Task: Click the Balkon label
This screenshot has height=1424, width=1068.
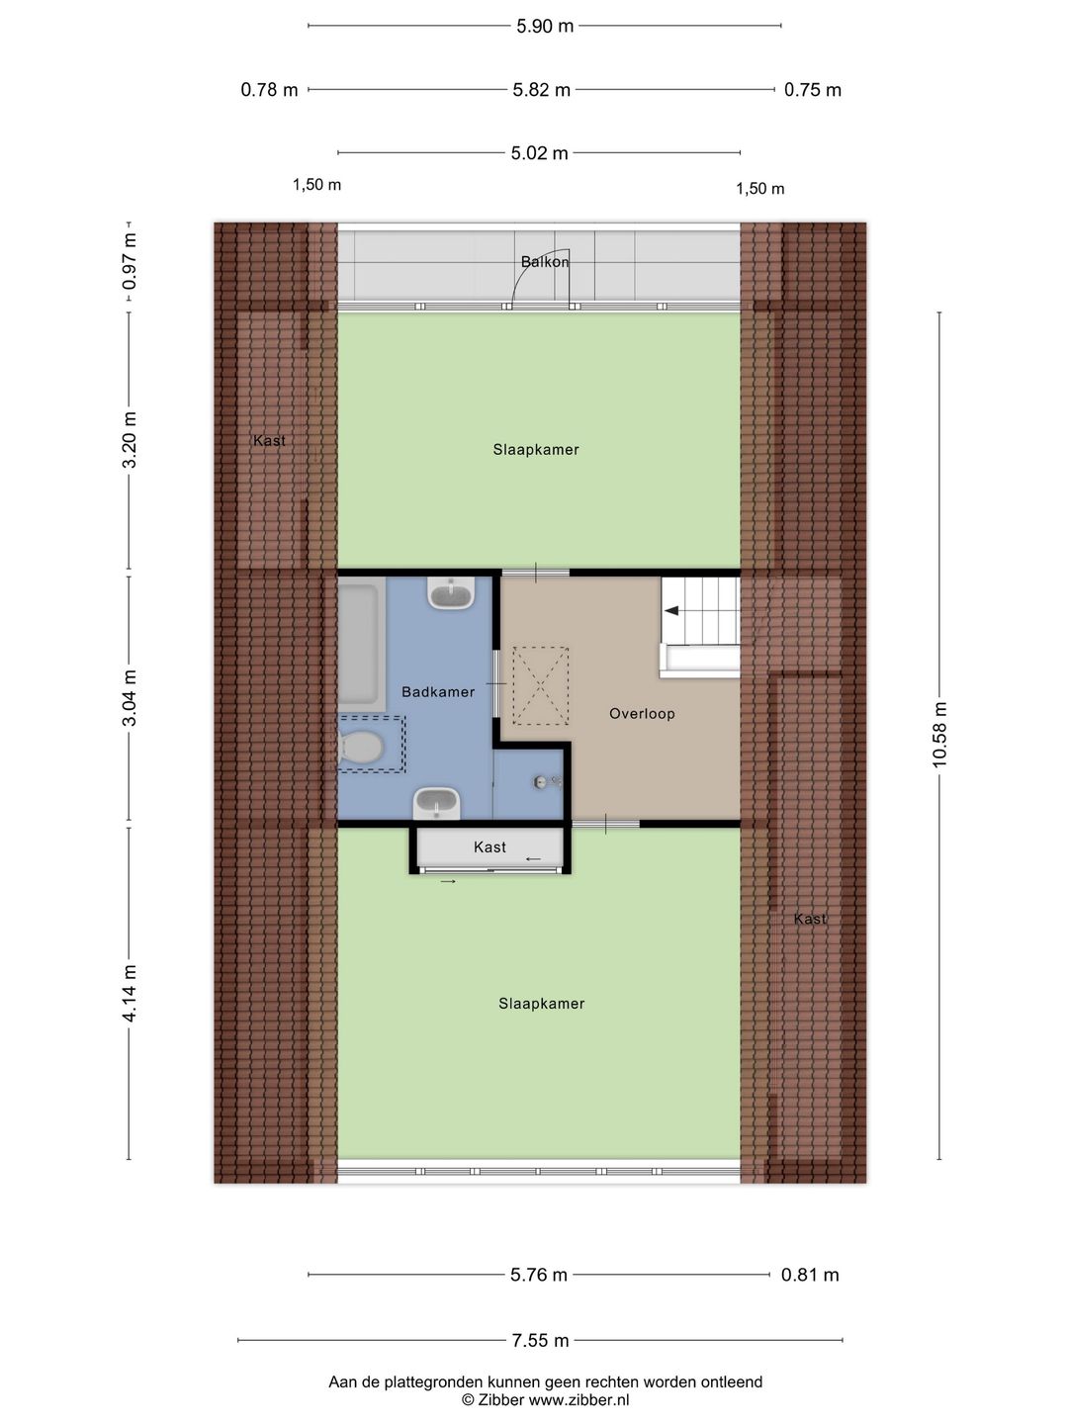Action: [x=545, y=262]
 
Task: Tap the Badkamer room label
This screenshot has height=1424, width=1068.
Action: [x=438, y=692]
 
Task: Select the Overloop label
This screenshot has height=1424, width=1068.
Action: [x=642, y=714]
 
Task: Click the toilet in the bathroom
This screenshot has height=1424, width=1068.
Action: [x=362, y=749]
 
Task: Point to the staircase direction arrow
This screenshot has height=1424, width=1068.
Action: [x=672, y=611]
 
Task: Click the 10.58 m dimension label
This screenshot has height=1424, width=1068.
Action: [x=939, y=734]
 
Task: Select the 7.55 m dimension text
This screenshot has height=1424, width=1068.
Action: [x=540, y=1341]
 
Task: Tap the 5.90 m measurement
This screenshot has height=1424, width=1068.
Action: [x=545, y=26]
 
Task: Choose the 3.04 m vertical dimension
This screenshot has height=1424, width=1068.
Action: [x=130, y=697]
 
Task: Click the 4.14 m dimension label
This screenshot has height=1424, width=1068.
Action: [x=130, y=994]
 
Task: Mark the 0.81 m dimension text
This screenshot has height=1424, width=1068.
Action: [x=810, y=1275]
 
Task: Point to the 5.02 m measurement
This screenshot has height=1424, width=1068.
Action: [x=539, y=153]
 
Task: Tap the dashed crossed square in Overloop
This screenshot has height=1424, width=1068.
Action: [x=540, y=685]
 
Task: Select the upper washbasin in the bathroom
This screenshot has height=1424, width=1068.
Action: [x=451, y=593]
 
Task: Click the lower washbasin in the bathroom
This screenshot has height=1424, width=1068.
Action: [x=437, y=802]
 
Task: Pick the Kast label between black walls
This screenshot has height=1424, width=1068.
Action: [x=489, y=847]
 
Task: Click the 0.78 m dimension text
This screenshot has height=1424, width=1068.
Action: [x=269, y=90]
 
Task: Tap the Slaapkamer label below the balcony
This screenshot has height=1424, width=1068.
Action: [x=536, y=450]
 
